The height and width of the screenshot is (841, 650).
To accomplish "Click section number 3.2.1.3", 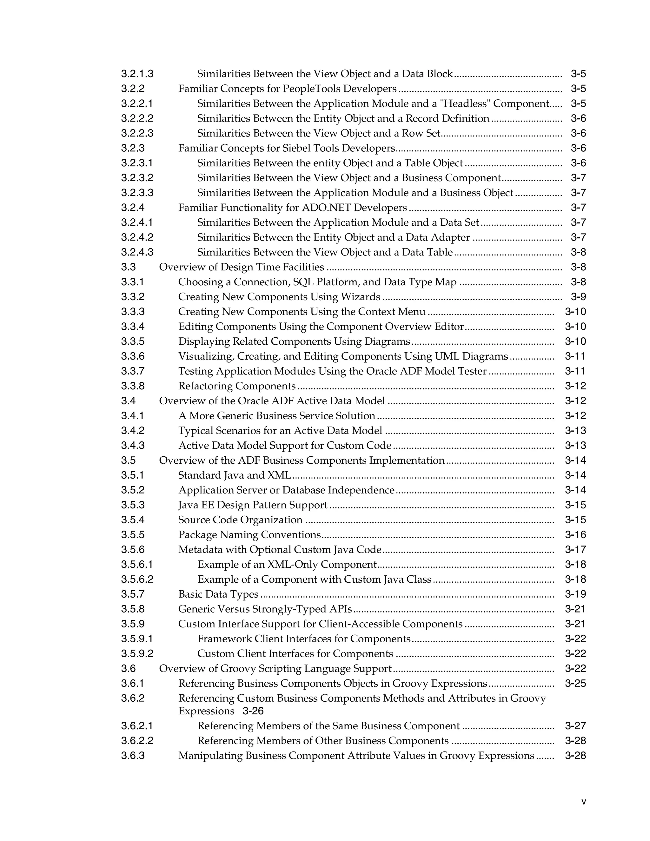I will [137, 74].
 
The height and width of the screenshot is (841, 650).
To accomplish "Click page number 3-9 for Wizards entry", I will [578, 297].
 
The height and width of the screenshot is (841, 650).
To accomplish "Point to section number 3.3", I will [128, 267].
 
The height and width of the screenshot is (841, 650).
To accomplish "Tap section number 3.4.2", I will [133, 431].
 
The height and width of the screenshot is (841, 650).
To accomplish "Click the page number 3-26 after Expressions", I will [253, 711].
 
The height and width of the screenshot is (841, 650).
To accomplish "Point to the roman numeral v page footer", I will [583, 802].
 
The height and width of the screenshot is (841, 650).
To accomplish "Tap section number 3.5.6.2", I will [137, 579].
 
